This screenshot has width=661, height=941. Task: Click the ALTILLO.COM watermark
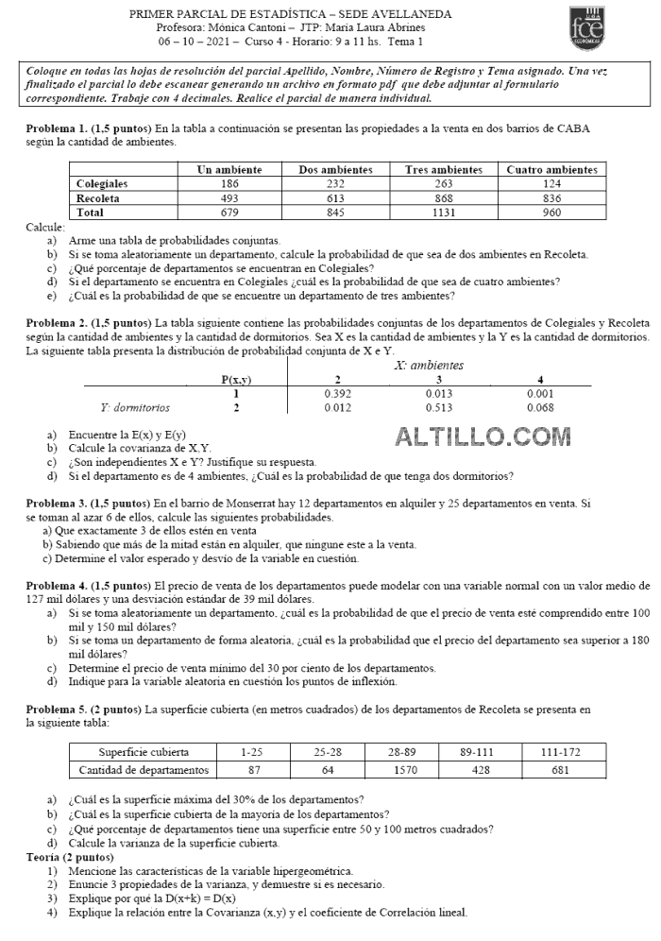483,436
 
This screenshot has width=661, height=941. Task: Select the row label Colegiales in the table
102,184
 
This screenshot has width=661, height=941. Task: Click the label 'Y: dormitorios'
135,408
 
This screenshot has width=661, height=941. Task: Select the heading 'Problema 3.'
59,504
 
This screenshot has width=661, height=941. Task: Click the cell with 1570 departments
404,770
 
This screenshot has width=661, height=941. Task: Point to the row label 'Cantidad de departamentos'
143,770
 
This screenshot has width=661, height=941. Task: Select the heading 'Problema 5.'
59,709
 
